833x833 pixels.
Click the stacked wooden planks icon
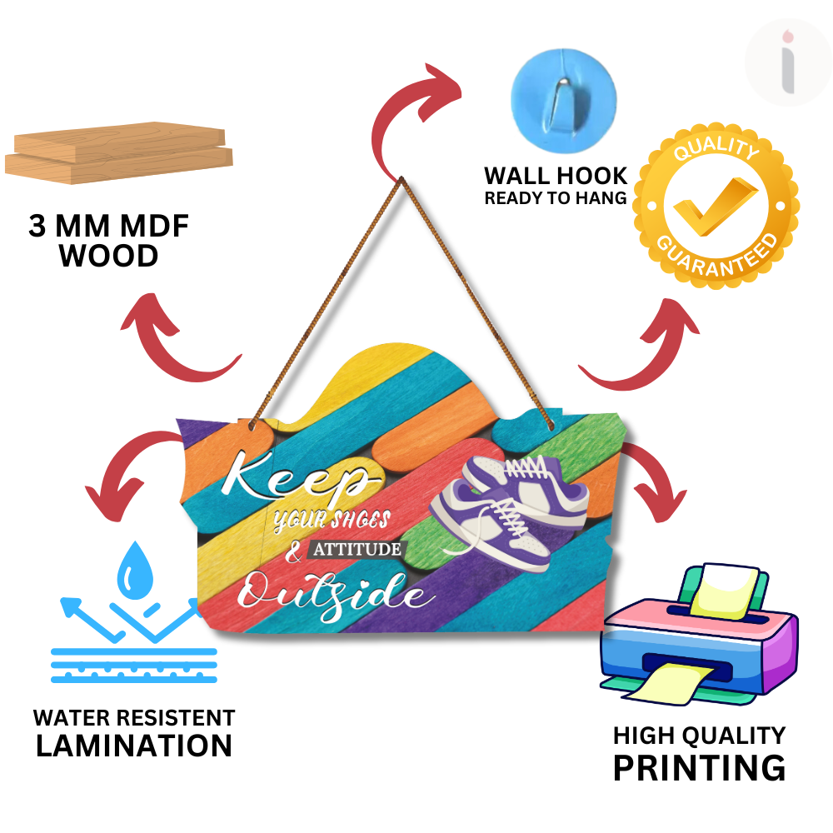(x=119, y=155)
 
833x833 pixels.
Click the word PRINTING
(x=699, y=767)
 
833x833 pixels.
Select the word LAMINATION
(x=133, y=746)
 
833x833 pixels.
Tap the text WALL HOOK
(x=556, y=176)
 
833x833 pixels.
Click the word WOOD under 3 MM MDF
(x=109, y=257)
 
